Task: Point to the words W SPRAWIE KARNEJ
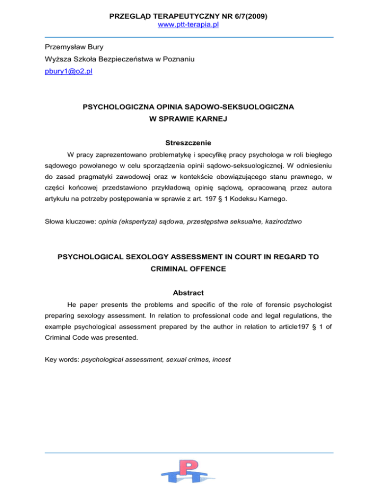[x=188, y=117]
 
